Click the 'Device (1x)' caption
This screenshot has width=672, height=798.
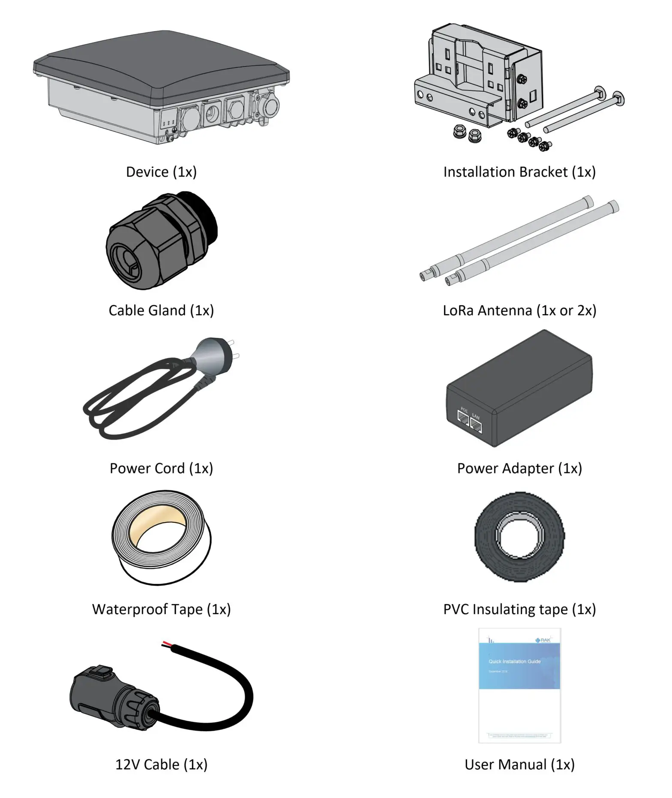pyautogui.click(x=161, y=172)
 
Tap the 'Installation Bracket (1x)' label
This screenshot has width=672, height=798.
pyautogui.click(x=519, y=172)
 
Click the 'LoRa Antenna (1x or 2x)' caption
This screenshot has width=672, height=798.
pyautogui.click(x=519, y=310)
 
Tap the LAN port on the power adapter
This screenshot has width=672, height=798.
pyautogui.click(x=476, y=425)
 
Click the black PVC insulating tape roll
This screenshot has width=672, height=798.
pyautogui.click(x=519, y=537)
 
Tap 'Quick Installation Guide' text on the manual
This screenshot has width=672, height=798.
pyautogui.click(x=514, y=662)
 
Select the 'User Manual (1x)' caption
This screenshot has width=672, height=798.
pyautogui.click(x=519, y=765)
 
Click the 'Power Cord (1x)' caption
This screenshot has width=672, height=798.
pyautogui.click(x=161, y=468)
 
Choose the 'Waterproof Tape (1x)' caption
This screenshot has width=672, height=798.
pyautogui.click(x=161, y=609)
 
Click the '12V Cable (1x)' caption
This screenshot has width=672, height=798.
pyautogui.click(x=161, y=765)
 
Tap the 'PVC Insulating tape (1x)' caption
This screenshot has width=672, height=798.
pyautogui.click(x=519, y=609)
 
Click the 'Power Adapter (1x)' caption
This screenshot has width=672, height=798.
pyautogui.click(x=519, y=468)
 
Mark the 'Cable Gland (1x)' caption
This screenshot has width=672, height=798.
pyautogui.click(x=161, y=310)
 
